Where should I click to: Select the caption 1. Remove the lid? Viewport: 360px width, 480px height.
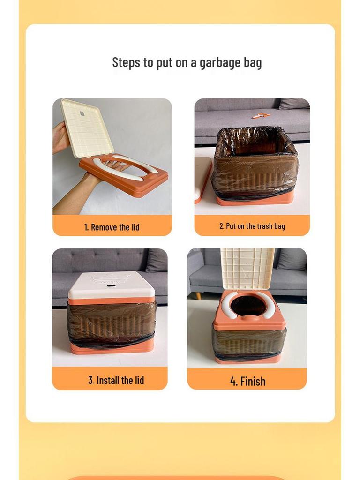(x=112, y=227)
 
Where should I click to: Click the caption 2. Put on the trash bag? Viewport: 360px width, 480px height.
(x=252, y=226)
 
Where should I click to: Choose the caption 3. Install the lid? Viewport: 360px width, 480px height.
(x=116, y=380)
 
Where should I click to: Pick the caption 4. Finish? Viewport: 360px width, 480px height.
(x=247, y=381)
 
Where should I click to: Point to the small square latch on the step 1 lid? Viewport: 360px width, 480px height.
(x=82, y=113)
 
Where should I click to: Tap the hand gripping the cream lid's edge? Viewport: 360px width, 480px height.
(x=60, y=137)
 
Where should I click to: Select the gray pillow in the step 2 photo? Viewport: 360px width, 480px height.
(x=294, y=104)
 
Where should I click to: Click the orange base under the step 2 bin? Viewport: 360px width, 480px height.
(x=255, y=199)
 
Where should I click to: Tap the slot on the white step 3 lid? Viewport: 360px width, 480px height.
(x=111, y=285)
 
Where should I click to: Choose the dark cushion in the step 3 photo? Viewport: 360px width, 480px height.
(x=156, y=261)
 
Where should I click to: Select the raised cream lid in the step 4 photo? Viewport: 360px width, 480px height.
(x=247, y=269)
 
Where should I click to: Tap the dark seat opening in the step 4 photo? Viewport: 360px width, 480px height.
(x=248, y=305)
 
